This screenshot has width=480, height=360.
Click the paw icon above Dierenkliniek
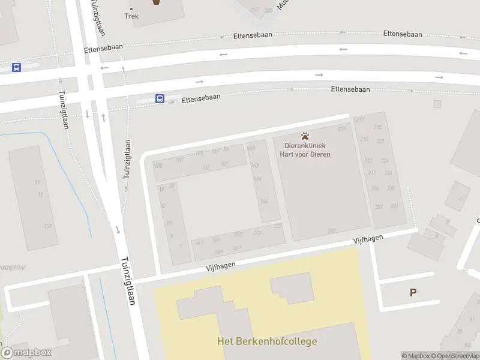[305, 136]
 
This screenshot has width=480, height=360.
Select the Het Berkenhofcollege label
[267, 341]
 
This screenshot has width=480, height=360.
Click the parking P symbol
[413, 292]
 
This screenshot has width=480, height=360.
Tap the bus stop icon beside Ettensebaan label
[160, 98]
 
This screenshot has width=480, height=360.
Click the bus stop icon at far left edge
[16, 67]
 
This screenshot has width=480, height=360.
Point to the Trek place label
[131, 16]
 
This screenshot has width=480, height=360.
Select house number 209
[342, 128]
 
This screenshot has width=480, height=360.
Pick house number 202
[331, 231]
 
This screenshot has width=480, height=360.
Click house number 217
[360, 120]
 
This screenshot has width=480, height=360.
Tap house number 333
[277, 226]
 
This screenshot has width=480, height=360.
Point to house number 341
[199, 242]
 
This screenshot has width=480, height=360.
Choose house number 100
[158, 165]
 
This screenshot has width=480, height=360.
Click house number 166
[264, 202]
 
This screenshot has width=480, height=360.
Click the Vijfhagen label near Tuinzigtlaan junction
[219, 264]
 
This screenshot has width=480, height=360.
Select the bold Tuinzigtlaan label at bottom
[128, 280]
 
